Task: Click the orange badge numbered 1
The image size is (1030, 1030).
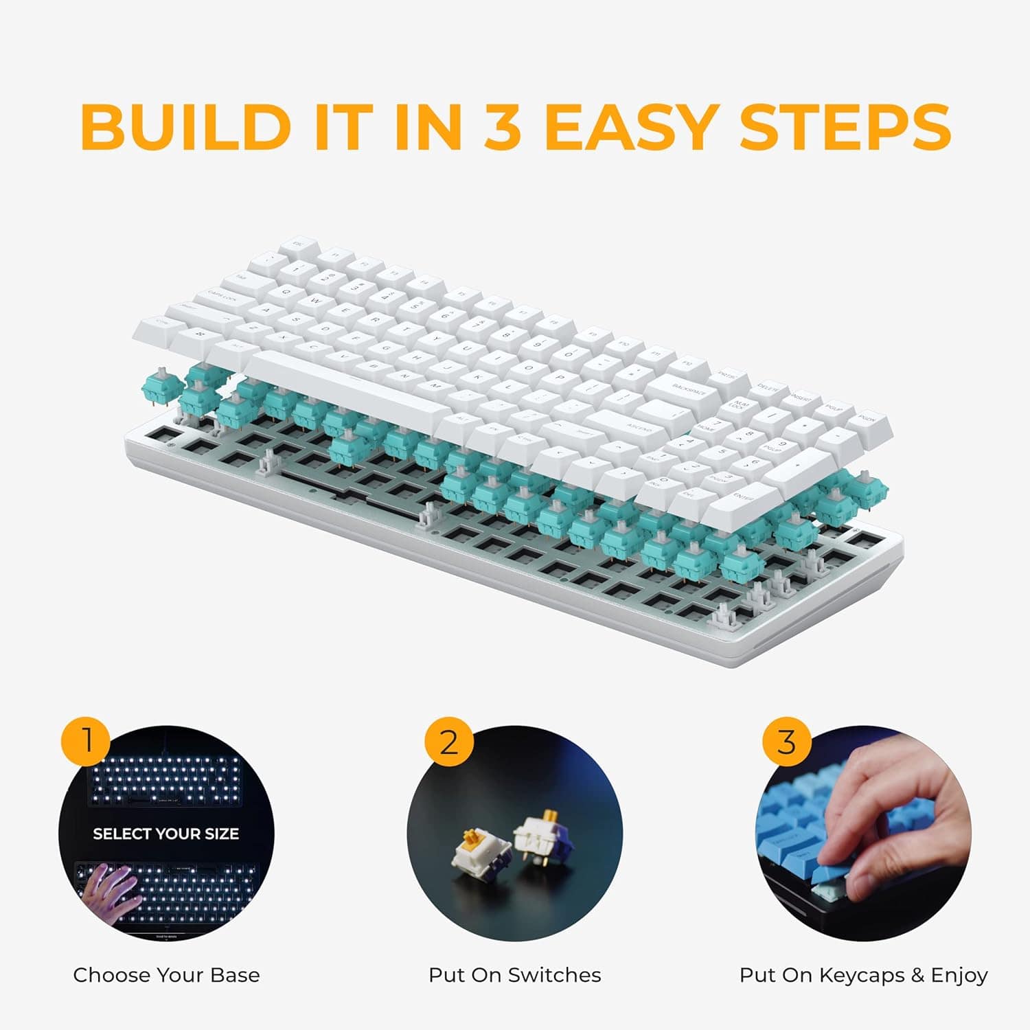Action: tap(87, 742)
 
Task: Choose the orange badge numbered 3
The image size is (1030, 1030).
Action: tap(787, 742)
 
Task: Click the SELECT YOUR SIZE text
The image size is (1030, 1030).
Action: tap(165, 834)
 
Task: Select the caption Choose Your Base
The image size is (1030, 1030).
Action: tap(166, 975)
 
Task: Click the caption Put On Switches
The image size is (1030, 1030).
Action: tap(514, 975)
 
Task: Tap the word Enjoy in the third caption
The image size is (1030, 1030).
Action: tap(959, 975)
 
